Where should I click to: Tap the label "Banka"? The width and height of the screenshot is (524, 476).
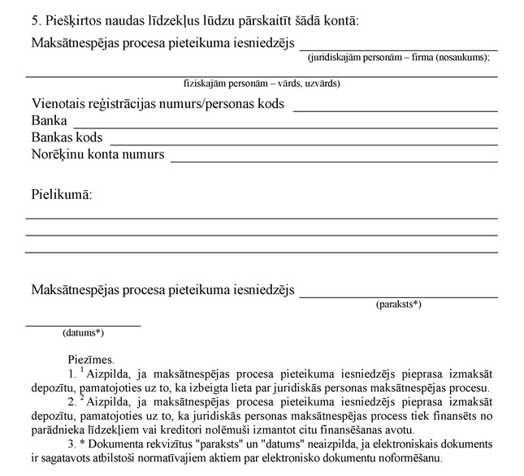(50, 121)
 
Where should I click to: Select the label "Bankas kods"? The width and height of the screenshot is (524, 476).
(67, 137)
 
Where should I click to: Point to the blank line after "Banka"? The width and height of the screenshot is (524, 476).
(285, 127)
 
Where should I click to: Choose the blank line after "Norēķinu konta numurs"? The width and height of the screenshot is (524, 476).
(333, 161)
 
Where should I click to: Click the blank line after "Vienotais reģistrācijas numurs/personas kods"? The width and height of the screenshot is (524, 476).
(395, 110)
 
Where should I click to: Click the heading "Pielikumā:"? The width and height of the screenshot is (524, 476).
(62, 196)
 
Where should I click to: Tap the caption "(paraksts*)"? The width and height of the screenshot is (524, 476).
(398, 305)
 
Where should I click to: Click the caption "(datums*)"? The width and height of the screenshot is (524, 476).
(83, 332)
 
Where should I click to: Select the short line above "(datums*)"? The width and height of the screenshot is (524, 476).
(83, 325)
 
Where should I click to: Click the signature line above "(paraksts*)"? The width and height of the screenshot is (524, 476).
(398, 296)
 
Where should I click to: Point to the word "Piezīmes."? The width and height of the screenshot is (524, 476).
(92, 357)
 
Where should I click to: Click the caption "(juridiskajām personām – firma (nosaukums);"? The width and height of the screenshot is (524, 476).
(399, 57)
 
